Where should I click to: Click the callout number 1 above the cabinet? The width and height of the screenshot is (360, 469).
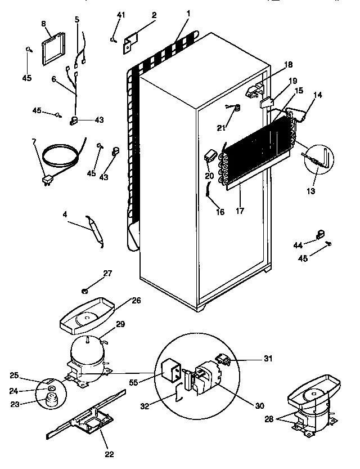point(188,13)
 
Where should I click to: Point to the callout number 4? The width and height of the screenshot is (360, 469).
point(66,215)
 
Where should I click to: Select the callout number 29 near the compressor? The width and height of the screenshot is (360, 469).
point(120,325)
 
